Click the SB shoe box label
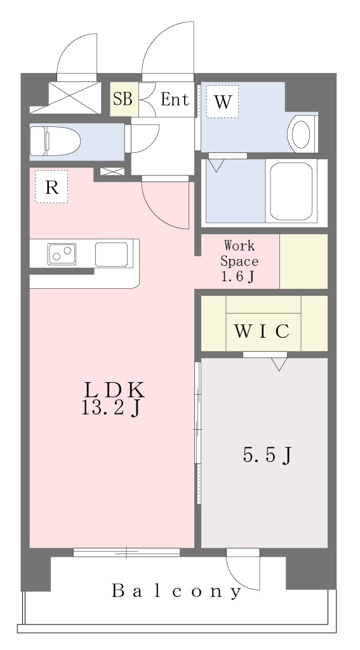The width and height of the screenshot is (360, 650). tap(123, 100)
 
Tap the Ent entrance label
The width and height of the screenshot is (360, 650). tap(175, 100)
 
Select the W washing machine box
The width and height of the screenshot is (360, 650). tap(222, 102)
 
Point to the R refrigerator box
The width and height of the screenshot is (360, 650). tap(51, 187)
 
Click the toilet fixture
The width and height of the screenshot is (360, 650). tap(55, 142)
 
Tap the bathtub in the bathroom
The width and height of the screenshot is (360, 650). tap(291, 191)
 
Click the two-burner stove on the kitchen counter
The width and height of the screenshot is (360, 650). tap(62, 254)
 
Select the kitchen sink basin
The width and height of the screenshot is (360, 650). tap(111, 255)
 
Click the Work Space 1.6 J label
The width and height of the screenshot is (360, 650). tap(239, 261)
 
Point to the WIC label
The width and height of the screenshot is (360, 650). tap(262, 331)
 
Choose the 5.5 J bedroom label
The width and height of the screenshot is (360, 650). tap(267, 455)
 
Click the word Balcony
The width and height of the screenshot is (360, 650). tap(177, 591)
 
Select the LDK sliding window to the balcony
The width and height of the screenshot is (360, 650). tap(126, 552)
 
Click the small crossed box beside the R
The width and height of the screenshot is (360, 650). tap(112, 171)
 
